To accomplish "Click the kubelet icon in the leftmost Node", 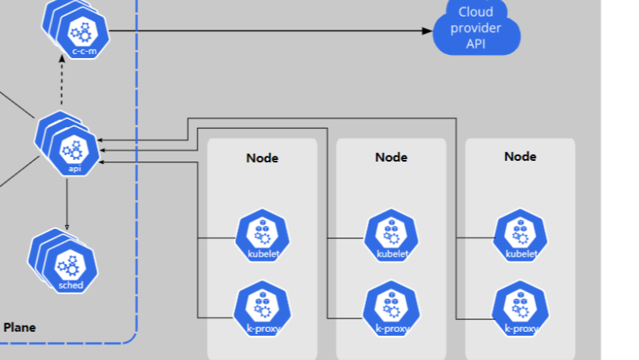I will (x=263, y=235).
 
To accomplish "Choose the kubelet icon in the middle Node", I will (x=392, y=235).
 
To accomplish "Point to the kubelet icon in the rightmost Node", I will (x=521, y=235).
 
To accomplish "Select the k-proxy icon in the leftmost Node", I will (x=263, y=309).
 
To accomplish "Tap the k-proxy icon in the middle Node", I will (x=392, y=309).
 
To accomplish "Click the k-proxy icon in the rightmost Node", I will (x=521, y=309).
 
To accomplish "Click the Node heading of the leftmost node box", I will (x=262, y=158).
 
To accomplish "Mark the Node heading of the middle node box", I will (x=391, y=157).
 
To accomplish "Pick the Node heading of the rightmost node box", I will (x=520, y=156).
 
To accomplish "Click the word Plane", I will (x=20, y=328).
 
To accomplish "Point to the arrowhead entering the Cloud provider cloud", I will (x=427, y=31).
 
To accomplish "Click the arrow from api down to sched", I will (x=67, y=204).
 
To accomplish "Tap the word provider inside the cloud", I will (x=477, y=29).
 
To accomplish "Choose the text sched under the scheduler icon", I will (x=71, y=285).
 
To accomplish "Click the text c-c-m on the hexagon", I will (x=83, y=51).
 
